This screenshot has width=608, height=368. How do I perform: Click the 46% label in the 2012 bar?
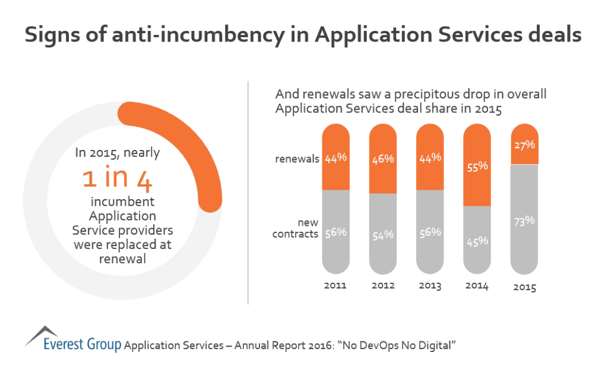tap(383, 160)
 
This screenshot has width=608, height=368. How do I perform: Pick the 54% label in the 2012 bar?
tap(383, 234)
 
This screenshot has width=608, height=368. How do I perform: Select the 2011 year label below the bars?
tap(335, 286)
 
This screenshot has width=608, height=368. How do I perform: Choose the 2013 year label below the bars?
tap(430, 286)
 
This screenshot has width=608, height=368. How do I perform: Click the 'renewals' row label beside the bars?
tap(296, 158)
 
